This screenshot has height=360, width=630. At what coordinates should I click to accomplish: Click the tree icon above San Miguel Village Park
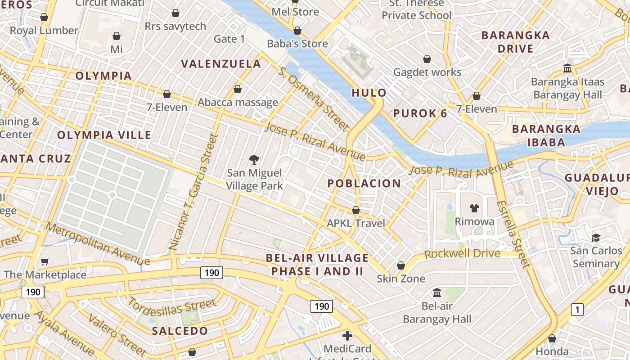point(254,159)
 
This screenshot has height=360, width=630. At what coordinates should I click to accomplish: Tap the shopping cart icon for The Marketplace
point(45,261)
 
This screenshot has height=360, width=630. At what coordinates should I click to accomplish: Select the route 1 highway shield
point(576,310)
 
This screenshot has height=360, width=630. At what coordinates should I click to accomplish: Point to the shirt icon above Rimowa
point(474,208)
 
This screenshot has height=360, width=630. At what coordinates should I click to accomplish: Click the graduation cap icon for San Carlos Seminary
point(596,238)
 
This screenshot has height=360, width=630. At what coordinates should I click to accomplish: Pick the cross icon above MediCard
point(347,336)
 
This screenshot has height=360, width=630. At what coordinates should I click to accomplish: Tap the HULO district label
point(369,93)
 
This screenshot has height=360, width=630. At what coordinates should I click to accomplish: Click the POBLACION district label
point(364,183)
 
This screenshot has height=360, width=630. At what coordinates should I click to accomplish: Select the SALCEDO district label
point(180,331)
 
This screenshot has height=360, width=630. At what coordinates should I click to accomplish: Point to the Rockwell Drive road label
point(462,253)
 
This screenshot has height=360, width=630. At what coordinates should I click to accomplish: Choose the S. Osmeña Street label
point(313,99)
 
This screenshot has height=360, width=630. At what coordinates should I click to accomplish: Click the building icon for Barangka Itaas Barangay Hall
point(567,68)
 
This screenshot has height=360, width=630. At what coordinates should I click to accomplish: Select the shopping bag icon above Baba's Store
point(297,31)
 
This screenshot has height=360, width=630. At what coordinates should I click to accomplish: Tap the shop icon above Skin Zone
point(400,265)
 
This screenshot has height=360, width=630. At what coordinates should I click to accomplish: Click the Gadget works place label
point(427,72)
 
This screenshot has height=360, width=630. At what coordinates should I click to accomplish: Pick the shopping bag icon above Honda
point(552,338)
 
